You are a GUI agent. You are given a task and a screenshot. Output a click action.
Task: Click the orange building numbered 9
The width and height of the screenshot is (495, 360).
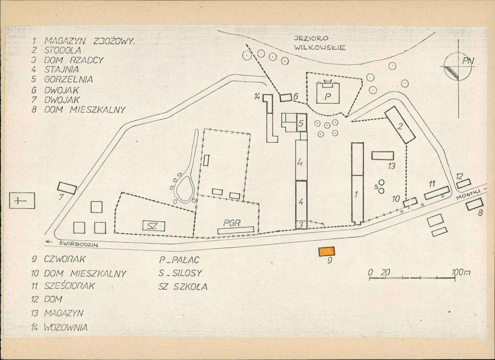pos(327,251)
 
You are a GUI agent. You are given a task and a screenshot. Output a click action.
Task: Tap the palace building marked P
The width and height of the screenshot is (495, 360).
pos(328,93)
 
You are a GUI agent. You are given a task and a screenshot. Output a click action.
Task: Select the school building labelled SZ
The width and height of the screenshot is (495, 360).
pos(154,225)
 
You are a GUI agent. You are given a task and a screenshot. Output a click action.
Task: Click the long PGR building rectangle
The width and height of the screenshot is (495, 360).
pos(235,230)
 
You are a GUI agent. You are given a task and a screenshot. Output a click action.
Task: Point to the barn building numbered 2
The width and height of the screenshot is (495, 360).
pos(400,125)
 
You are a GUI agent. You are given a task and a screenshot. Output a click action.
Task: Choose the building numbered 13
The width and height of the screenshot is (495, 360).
pos(383,156)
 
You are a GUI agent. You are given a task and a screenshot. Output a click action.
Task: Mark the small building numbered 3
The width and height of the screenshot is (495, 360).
pos(301,225)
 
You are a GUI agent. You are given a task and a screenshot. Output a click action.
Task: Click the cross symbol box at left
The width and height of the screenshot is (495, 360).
pos(22,201)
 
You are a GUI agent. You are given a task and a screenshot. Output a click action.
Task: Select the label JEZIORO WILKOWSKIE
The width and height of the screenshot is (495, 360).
pos(320,43)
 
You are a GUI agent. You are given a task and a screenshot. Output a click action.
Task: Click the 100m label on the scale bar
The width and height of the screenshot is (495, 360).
pos(461,272)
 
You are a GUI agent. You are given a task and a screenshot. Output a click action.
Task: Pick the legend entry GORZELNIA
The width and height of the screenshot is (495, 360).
pos(68,79)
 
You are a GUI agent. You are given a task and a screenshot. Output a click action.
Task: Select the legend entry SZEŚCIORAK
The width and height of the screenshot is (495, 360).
pos(69,286)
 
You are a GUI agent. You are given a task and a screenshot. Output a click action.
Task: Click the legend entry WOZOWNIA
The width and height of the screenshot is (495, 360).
pos(66,327)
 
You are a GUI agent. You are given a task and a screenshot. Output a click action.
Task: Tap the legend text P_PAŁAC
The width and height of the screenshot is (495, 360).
pos(179,260)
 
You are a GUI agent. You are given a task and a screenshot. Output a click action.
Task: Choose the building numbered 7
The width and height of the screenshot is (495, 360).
pos(67,188)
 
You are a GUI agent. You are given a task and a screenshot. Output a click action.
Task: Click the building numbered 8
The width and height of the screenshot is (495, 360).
pos(475,204)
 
